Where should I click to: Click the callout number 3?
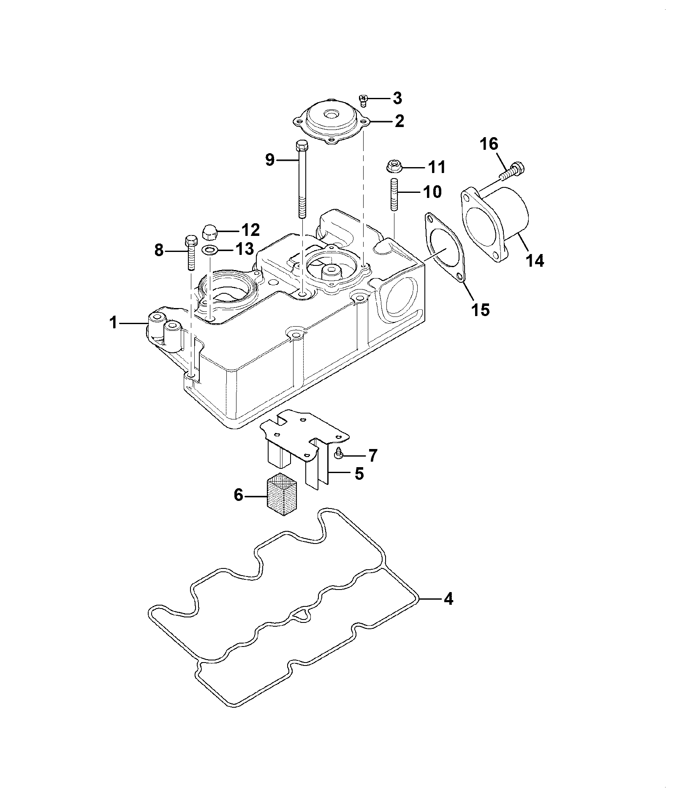pos(397,98)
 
